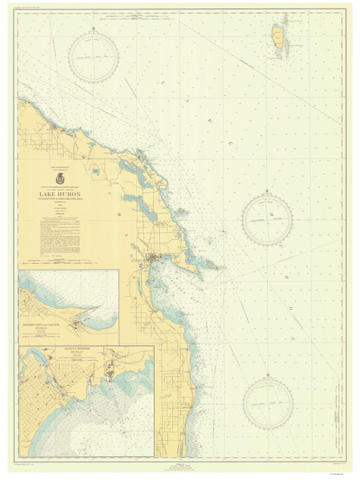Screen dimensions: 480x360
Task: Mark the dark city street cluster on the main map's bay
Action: click(156, 257)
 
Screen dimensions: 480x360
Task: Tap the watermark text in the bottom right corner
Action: click(339, 472)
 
